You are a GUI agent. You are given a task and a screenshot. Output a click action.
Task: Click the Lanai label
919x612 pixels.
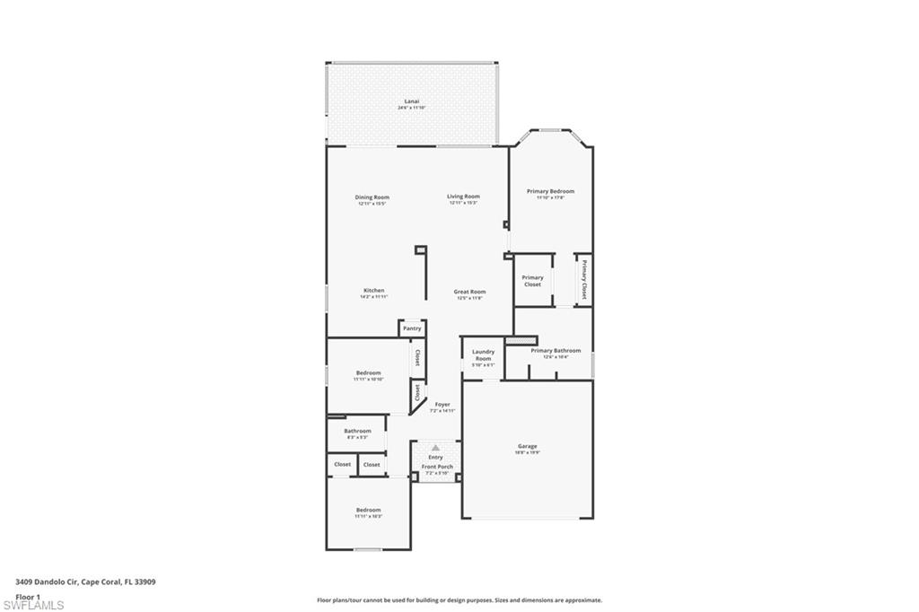point(412,101)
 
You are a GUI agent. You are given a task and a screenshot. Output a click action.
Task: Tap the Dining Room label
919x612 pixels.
point(372,197)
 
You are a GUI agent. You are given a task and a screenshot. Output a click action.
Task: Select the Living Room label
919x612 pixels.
point(463,197)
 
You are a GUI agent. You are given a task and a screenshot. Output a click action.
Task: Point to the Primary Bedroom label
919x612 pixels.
point(550,191)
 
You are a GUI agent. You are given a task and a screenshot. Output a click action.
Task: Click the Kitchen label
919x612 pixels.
point(374,291)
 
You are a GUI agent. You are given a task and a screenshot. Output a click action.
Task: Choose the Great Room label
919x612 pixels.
point(469,292)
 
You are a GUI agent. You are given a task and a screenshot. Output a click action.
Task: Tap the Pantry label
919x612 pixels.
point(412,328)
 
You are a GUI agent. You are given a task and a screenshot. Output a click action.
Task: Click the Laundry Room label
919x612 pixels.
point(483,355)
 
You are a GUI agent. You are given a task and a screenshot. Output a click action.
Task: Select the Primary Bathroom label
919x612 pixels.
point(556,351)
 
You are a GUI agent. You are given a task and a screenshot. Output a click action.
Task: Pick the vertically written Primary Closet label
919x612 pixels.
point(584,280)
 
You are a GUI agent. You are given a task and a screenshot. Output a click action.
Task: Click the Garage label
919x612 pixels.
point(527,446)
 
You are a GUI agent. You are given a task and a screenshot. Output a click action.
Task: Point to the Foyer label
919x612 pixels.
point(442,405)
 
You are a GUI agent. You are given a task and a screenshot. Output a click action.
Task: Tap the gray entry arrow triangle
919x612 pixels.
point(435,447)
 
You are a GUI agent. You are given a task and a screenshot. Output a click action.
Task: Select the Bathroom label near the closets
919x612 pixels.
point(357,431)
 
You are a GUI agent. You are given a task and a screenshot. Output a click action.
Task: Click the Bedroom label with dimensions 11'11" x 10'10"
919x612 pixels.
point(368,373)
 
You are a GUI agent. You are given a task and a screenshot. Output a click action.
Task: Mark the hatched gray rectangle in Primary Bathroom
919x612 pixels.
point(521,340)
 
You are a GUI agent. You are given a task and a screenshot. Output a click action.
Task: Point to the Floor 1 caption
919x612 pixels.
point(28,597)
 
